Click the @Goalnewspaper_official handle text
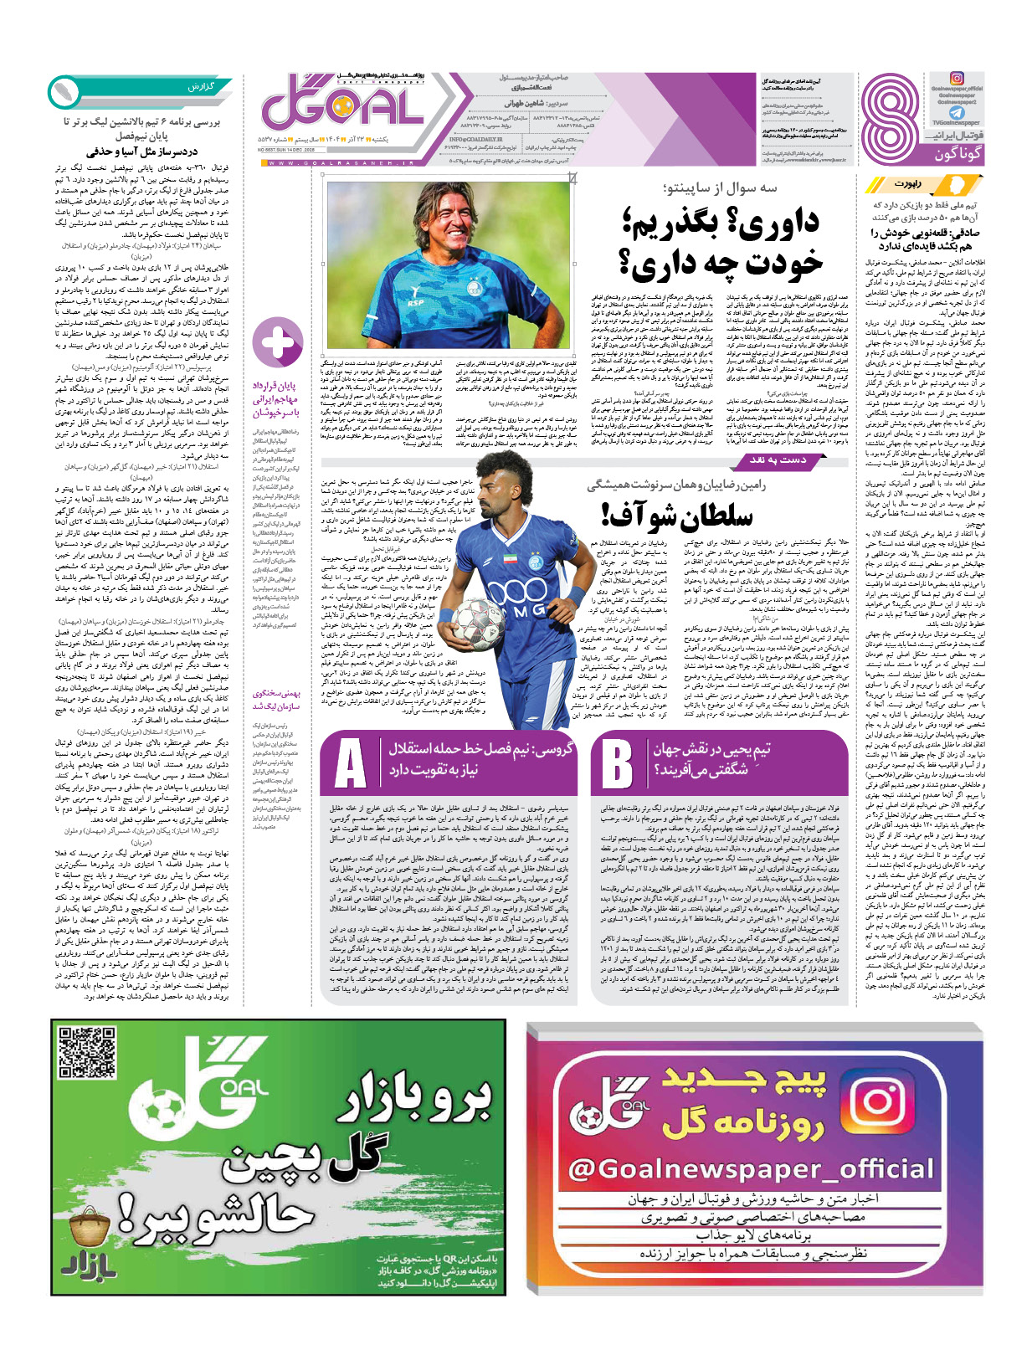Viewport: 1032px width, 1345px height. (751, 1168)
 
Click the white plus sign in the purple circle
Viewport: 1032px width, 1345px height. (278, 343)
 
